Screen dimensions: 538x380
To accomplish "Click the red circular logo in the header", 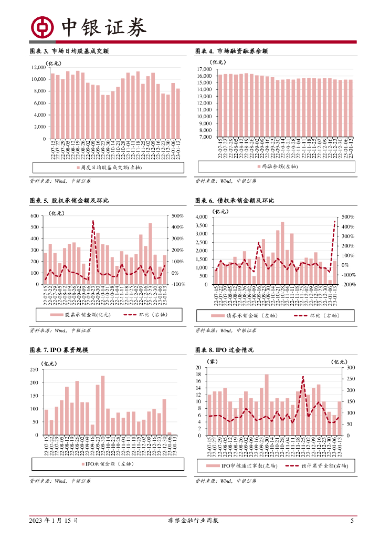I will pos(40,27).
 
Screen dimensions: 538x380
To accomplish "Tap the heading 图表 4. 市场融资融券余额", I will pos(231,51).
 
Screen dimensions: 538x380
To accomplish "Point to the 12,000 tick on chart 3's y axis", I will pos(38,67).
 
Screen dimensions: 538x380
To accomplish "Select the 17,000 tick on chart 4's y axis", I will pos(203,69).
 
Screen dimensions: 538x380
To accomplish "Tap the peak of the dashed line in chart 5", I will pos(93,221).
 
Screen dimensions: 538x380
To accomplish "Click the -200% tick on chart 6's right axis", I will pos(349,284).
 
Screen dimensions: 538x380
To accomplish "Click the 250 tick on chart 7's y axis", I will pos(34,369).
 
